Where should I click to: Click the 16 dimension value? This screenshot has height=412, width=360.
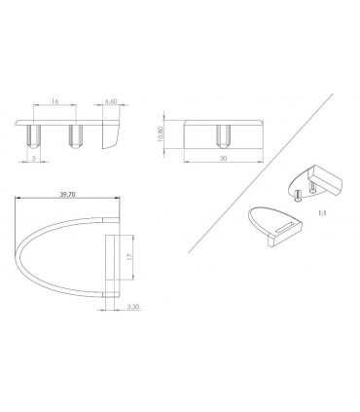54,101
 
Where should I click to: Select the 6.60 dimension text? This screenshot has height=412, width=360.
111,101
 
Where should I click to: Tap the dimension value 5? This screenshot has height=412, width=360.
33,159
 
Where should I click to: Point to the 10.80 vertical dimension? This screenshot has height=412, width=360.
159,134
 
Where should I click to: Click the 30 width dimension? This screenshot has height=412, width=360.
223,159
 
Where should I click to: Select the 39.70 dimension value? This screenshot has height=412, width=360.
68,195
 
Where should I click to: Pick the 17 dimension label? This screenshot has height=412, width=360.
129,257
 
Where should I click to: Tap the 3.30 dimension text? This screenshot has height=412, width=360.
133,307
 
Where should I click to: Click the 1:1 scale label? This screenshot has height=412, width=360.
322,213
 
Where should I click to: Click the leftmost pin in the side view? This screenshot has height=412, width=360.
34,136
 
